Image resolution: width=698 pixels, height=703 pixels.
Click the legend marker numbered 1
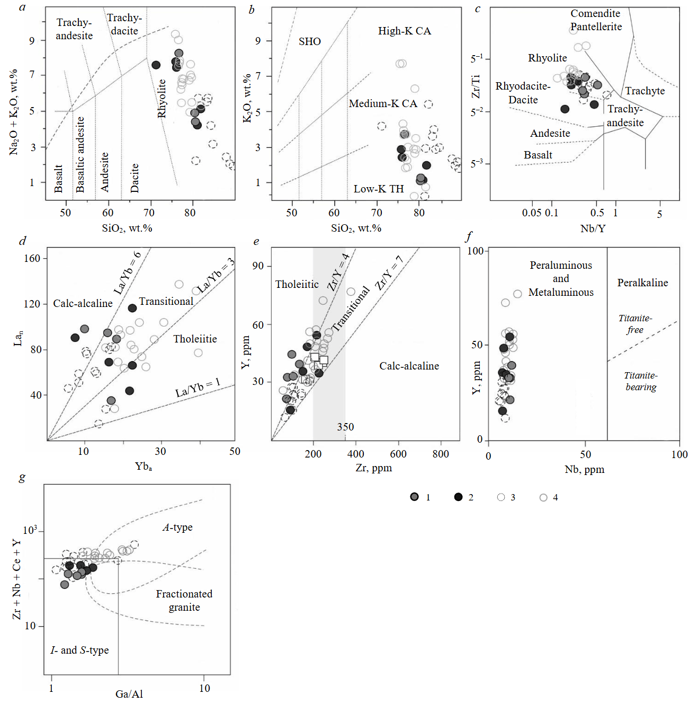[414, 497]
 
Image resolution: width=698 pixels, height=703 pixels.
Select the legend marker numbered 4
[543, 497]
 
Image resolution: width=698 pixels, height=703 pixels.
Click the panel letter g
[22, 477]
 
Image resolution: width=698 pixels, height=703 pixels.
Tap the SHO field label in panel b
[309, 41]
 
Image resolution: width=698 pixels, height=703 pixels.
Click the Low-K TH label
[378, 189]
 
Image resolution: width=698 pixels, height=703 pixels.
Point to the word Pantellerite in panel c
[596, 27]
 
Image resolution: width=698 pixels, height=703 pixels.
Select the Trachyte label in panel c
[645, 91]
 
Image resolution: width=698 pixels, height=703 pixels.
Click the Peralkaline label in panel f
[642, 283]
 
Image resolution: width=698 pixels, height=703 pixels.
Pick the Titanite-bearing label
[641, 381]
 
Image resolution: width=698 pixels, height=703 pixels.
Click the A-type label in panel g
[177, 527]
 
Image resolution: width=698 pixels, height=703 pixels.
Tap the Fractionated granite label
[184, 600]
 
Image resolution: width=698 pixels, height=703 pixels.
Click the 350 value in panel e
[345, 427]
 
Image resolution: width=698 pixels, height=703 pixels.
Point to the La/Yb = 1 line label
[198, 388]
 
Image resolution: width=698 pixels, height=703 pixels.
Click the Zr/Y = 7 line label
[389, 273]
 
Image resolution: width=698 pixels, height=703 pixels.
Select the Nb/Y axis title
[593, 228]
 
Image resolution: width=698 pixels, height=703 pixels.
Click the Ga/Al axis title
[129, 693]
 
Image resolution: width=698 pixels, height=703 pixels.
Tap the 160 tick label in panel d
[32, 258]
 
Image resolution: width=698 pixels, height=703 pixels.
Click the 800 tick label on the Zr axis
[440, 454]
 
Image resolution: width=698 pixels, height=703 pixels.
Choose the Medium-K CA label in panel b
[383, 103]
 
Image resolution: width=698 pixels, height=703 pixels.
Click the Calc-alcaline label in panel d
[83, 303]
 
